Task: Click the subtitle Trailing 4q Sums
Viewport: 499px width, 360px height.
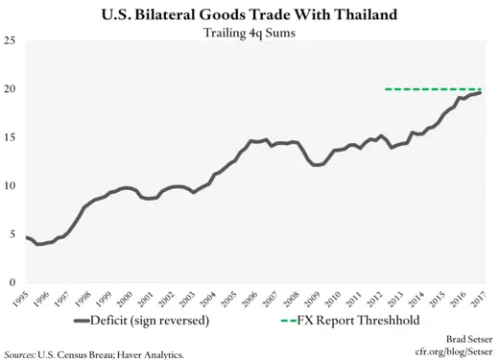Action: pos(249,35)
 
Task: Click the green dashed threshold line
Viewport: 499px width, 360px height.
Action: pos(432,89)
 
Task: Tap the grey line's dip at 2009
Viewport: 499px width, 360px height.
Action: pos(318,164)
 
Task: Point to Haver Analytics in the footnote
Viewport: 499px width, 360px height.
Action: pos(153,354)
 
